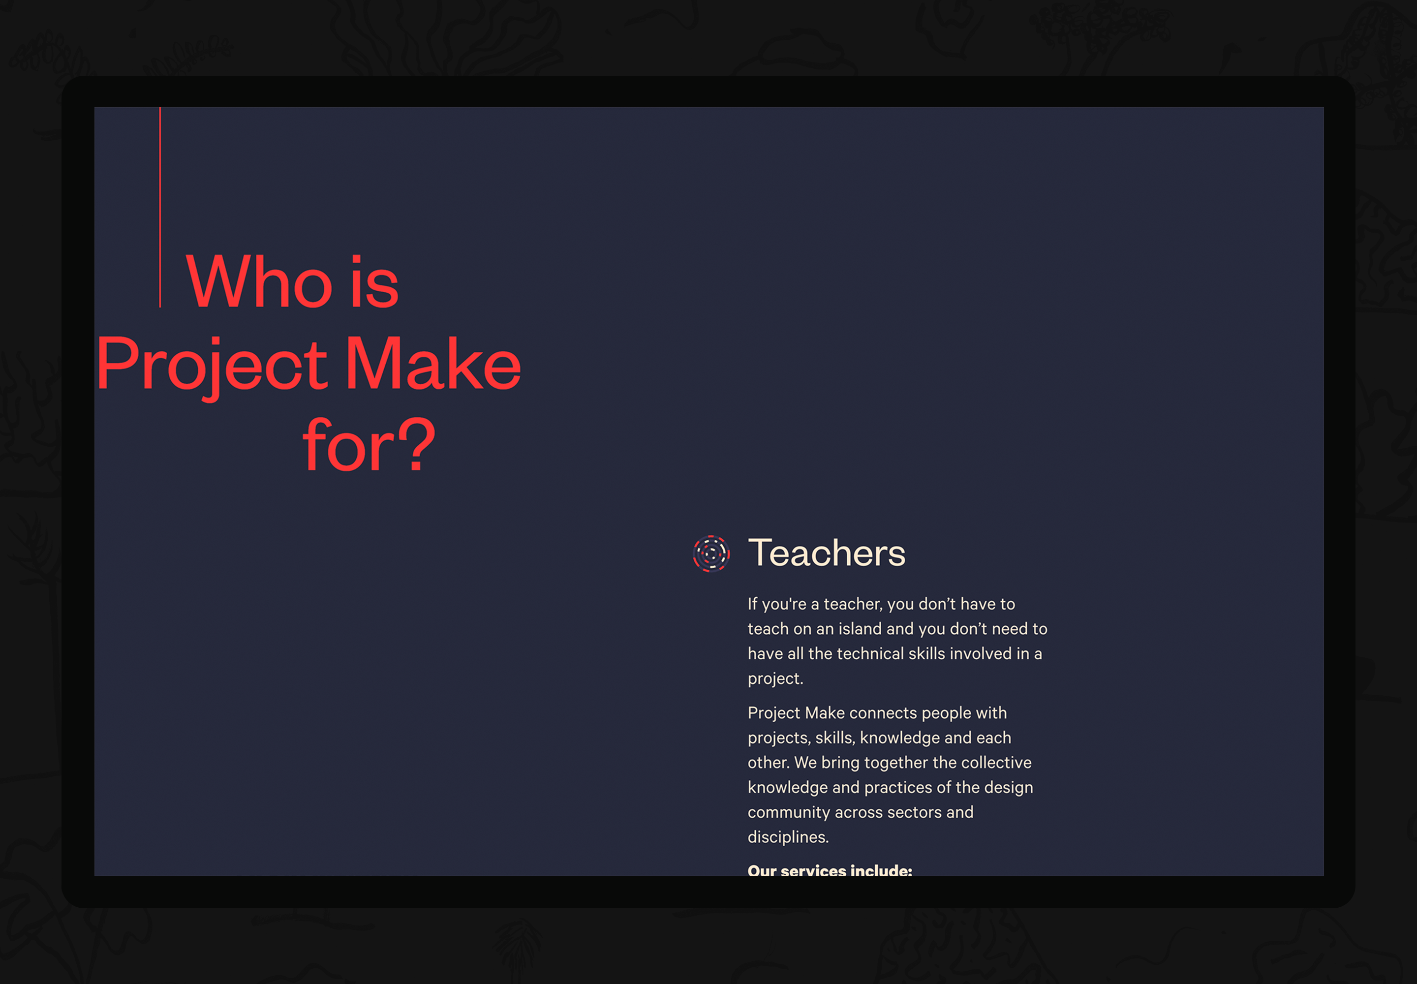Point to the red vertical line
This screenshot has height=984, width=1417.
[160, 207]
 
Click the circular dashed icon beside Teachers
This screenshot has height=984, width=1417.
[711, 553]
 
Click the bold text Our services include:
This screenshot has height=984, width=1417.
[830, 870]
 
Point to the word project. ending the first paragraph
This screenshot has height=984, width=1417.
[775, 679]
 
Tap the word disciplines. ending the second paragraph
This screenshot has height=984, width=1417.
[788, 837]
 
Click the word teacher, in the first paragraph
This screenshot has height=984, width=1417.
[854, 604]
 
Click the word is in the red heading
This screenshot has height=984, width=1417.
[375, 282]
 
